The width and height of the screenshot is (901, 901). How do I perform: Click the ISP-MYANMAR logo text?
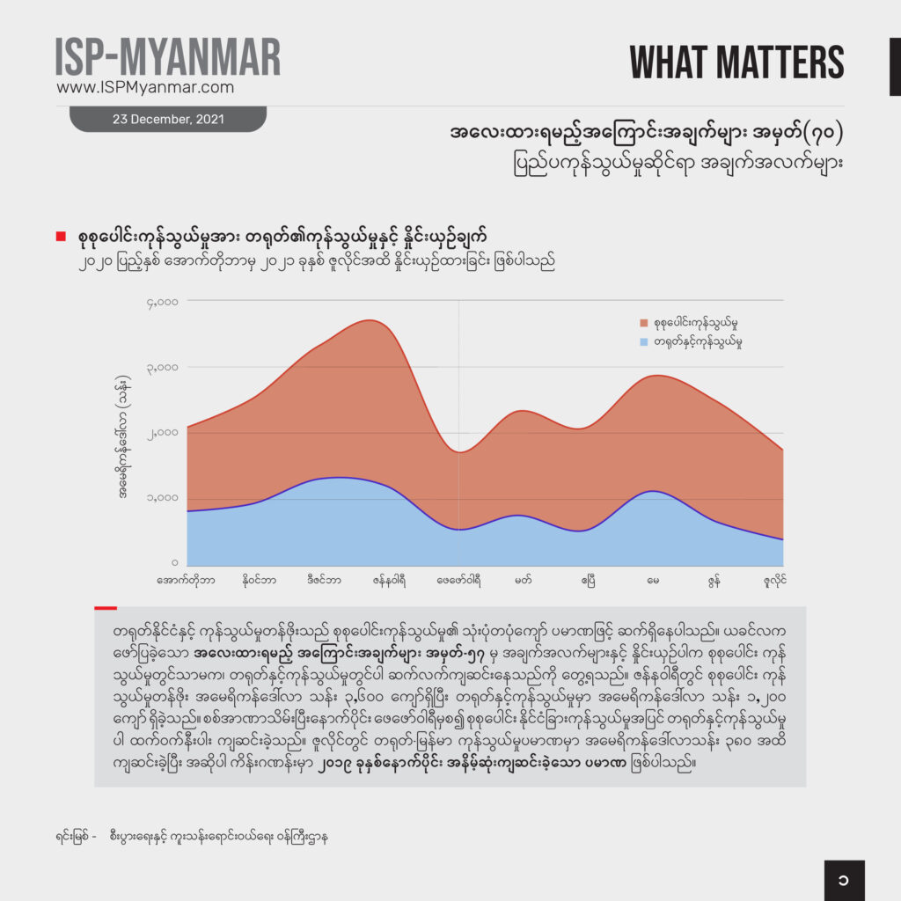pyautogui.click(x=167, y=57)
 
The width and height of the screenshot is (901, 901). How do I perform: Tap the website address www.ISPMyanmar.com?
pyautogui.click(x=145, y=88)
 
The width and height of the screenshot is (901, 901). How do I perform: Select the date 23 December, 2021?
pyautogui.click(x=167, y=119)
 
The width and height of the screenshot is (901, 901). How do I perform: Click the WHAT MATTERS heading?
pyautogui.click(x=736, y=62)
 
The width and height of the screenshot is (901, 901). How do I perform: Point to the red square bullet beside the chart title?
pyautogui.click(x=61, y=236)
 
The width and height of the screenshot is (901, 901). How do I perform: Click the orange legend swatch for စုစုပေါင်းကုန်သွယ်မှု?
pyautogui.click(x=644, y=324)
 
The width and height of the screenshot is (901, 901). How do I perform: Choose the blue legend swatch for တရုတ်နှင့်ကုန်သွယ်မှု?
pyautogui.click(x=644, y=341)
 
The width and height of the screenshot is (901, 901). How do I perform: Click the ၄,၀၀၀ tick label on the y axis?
pyautogui.click(x=164, y=302)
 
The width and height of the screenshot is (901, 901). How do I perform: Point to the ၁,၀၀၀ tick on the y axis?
pyautogui.click(x=164, y=498)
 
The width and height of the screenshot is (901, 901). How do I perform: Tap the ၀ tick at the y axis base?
pyautogui.click(x=175, y=563)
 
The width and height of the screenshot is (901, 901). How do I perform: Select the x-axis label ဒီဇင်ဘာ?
pyautogui.click(x=319, y=581)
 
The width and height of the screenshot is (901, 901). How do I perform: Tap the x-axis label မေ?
pyautogui.click(x=653, y=581)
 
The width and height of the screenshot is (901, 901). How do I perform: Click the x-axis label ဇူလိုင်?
pyautogui.click(x=773, y=581)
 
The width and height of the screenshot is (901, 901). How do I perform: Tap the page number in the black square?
pyautogui.click(x=844, y=880)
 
